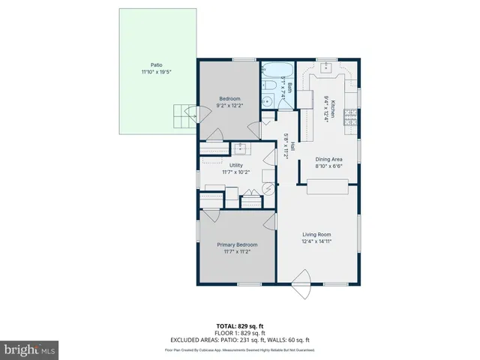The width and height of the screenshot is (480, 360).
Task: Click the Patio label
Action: (156, 64)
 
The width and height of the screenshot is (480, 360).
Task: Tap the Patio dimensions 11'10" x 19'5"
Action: (156, 73)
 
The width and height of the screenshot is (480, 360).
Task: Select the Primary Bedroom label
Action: (237, 245)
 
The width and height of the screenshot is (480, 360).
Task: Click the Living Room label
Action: (316, 234)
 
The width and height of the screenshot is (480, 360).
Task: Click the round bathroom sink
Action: (267, 86)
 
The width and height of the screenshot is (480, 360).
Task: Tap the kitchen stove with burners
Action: (350, 118)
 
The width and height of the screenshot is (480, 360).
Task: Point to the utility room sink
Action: (240, 148)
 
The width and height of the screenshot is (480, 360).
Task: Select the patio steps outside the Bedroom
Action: (181, 116)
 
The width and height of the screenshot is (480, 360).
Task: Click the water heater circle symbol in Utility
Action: (268, 189)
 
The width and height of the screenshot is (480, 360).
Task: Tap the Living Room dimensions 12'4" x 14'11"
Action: (316, 242)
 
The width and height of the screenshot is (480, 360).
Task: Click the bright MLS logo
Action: (30, 349)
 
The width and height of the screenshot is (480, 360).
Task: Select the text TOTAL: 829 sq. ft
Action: (240, 325)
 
